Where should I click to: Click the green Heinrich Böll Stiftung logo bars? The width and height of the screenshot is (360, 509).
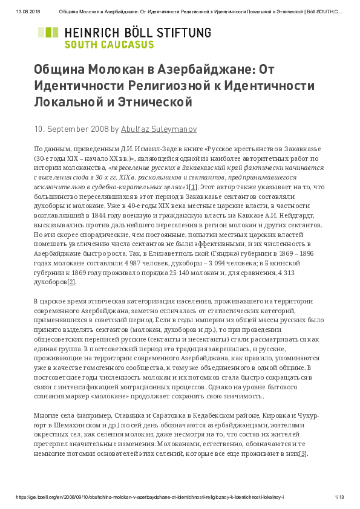(x=48, y=37)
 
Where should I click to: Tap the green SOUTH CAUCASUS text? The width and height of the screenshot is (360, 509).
(x=109, y=44)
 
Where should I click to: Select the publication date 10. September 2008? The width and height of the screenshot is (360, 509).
(x=71, y=129)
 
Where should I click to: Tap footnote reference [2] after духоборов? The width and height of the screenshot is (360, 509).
(x=71, y=281)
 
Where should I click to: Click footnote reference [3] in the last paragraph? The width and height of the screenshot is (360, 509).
(x=303, y=454)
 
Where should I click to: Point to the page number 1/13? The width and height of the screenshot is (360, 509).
(x=339, y=497)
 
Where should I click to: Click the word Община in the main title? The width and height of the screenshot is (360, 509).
(x=59, y=70)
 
